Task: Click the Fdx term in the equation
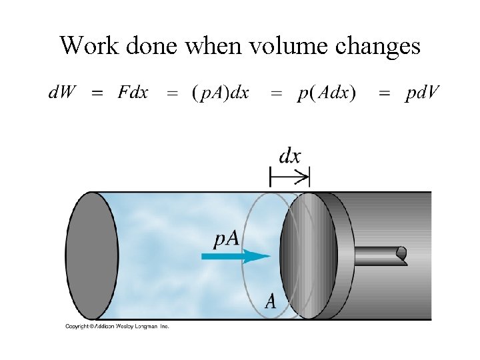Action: coord(132,93)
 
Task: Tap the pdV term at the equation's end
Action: coord(421,93)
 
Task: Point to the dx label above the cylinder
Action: coord(290,157)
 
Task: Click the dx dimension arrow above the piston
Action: coord(290,177)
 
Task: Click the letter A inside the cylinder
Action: coord(271,301)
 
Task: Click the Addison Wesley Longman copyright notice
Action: coord(117,326)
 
